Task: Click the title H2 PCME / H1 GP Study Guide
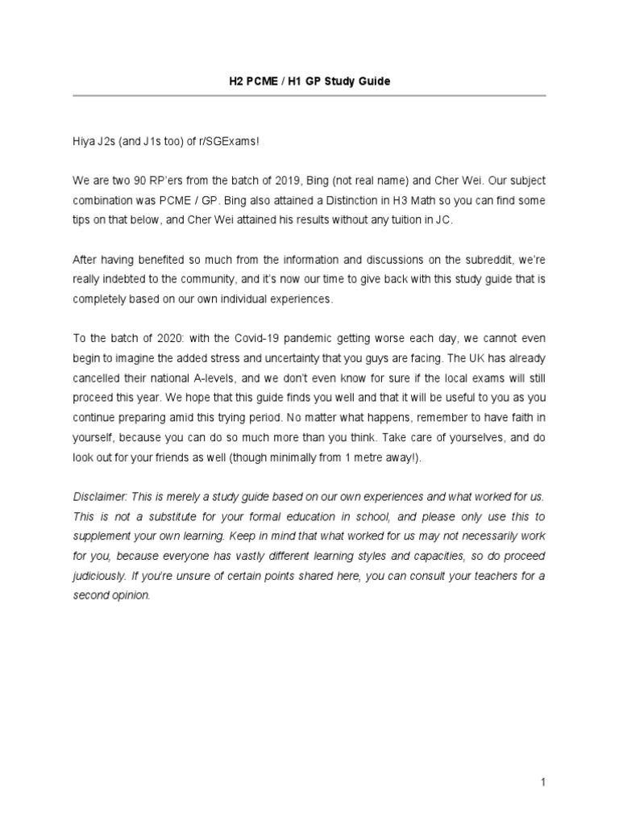pos(309,81)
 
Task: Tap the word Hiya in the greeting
pos(85,141)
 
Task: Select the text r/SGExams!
pos(233,141)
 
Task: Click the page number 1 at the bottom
pos(544,782)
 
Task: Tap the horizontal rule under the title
pos(309,96)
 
